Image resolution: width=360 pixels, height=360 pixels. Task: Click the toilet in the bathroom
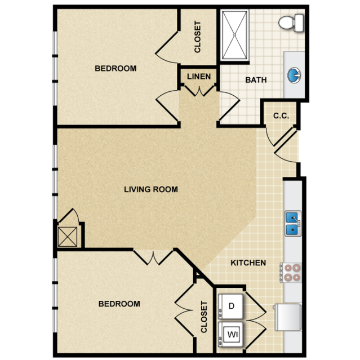(x=291, y=23)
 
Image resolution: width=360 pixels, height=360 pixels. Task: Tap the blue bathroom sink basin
(x=294, y=75)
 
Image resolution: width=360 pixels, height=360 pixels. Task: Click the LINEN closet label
(x=199, y=77)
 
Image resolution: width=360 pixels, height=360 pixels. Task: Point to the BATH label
(x=256, y=80)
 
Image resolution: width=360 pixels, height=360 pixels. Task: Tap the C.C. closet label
(x=281, y=115)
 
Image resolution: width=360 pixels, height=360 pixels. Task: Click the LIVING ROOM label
(x=151, y=189)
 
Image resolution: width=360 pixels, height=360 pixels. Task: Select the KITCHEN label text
(x=248, y=263)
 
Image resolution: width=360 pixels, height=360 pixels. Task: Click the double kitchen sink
(x=293, y=224)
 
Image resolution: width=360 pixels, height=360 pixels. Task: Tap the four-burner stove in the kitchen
(x=291, y=273)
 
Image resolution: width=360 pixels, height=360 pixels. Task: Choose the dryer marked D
(x=230, y=306)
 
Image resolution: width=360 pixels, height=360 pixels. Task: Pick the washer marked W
(x=230, y=334)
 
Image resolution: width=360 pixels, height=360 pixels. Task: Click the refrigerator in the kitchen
(x=287, y=317)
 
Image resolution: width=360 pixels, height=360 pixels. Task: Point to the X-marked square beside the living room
(x=68, y=237)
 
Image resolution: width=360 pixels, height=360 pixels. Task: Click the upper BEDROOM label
(x=115, y=68)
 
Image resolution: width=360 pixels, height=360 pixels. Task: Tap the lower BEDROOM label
(x=119, y=304)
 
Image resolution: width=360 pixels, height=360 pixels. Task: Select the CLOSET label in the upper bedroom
(x=197, y=37)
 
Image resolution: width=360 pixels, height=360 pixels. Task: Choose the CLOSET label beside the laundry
(x=204, y=317)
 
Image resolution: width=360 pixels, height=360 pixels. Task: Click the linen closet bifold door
(x=199, y=91)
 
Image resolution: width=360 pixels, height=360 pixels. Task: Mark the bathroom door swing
(x=230, y=106)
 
